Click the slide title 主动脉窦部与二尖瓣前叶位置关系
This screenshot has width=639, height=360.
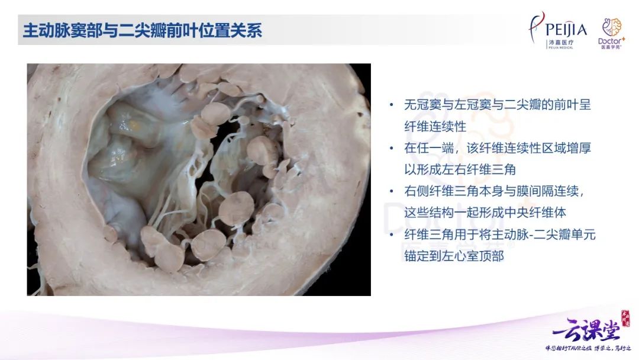(142, 31)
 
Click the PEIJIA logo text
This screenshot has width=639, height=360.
(566, 30)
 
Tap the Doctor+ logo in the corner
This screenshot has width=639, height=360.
(611, 33)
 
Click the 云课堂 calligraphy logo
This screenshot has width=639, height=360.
(586, 330)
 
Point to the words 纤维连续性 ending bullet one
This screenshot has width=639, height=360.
(435, 126)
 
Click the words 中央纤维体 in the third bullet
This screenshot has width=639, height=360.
(535, 213)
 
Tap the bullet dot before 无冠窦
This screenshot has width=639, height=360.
(392, 105)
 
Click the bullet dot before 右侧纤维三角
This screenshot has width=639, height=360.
(392, 191)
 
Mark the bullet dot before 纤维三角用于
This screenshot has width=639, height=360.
(392, 234)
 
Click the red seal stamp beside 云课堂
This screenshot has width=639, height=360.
(625, 318)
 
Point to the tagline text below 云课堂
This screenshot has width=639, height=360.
(588, 348)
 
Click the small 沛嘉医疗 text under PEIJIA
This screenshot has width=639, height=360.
(561, 43)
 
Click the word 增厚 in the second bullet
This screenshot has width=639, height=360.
(578, 148)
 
